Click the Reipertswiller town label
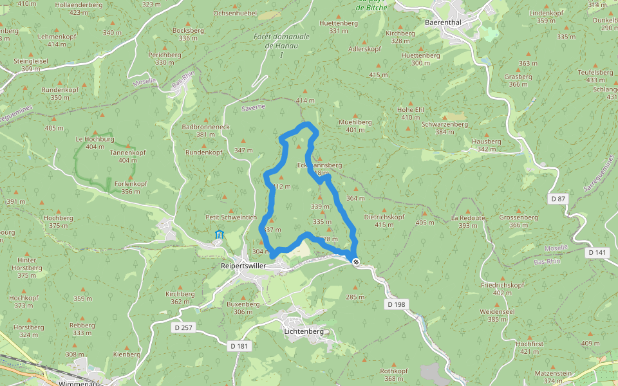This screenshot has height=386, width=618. [243, 265]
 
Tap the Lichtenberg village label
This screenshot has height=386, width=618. [303, 331]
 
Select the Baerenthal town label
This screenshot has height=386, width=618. [444, 21]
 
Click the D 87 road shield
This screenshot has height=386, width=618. [558, 199]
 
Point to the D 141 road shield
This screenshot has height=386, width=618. [597, 253]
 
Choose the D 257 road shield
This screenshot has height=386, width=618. [184, 327]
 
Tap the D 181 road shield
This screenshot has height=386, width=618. [239, 346]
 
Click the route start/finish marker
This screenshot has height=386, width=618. [355, 261]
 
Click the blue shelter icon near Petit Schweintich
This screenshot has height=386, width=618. [219, 234]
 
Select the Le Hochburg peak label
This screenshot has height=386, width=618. [95, 139]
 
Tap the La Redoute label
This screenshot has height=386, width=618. [468, 217]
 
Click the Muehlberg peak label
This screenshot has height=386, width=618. [355, 122]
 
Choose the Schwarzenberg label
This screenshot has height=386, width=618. [444, 124]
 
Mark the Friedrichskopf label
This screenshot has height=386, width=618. [502, 284]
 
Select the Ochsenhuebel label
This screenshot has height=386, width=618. [235, 13]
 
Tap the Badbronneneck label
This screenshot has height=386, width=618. [206, 127]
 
